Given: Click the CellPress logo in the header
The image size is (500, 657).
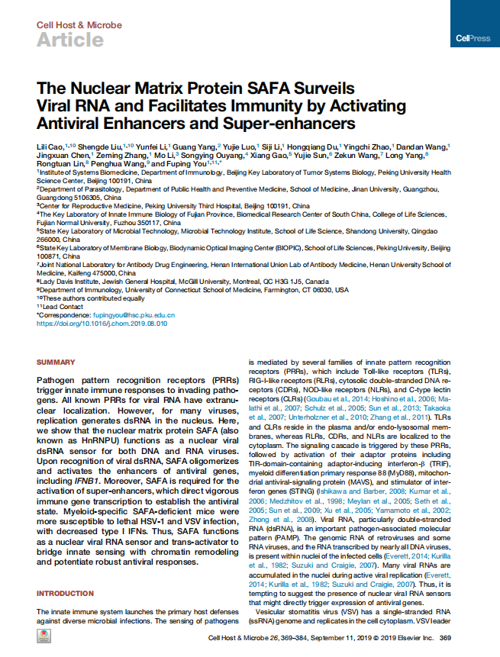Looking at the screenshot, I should tap(473, 37).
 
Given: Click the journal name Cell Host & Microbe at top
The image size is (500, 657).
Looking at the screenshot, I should tap(79, 25).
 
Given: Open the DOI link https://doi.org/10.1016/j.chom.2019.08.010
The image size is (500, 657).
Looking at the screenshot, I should tap(102, 324).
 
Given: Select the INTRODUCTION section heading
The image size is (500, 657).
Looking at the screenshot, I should tap(65, 593).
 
